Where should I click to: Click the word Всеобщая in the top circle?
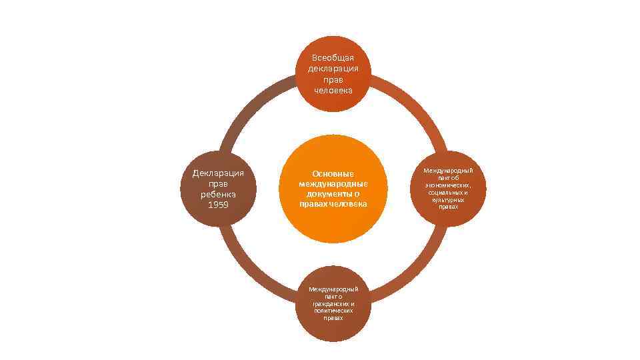pos(333,57)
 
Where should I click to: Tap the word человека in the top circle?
pos(333,90)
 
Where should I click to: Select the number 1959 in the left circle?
pos(218,205)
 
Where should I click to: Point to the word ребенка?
pos(218,194)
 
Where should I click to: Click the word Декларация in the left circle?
pos(218,173)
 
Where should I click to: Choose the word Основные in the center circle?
pos(333,173)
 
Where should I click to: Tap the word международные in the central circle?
pos(333,183)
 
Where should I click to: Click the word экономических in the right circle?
pos(447,185)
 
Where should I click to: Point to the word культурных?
pos(448,200)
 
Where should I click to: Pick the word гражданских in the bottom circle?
pos(333,303)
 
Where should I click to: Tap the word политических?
pos(333,311)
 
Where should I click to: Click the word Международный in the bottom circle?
pos(333,289)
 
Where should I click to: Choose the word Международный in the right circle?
pos(448,171)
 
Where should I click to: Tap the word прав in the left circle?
pos(218,183)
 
